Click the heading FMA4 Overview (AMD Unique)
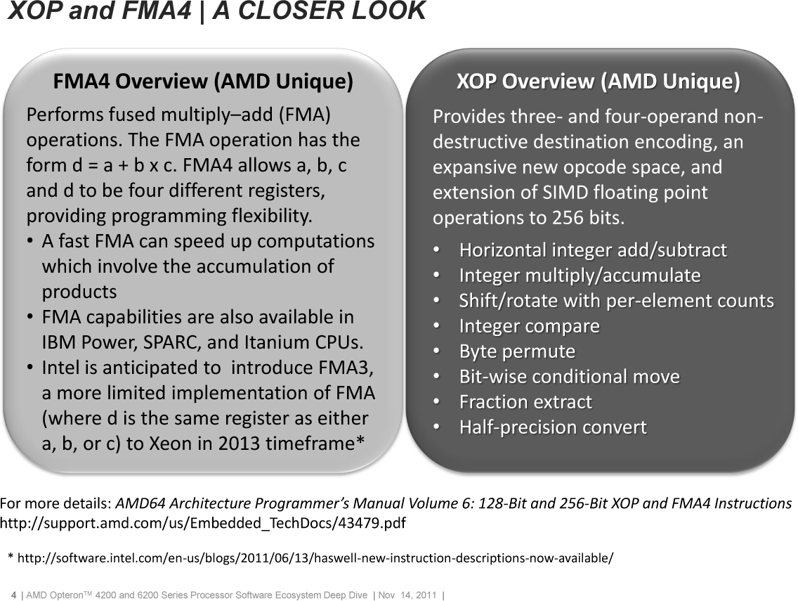(x=203, y=82)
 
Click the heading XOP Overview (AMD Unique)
(x=598, y=82)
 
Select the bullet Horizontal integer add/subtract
(x=593, y=250)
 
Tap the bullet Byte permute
(x=517, y=351)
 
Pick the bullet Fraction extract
(x=525, y=402)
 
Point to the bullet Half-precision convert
(x=553, y=427)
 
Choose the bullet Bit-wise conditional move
(x=570, y=376)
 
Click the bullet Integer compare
(x=529, y=326)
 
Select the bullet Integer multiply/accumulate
(x=580, y=276)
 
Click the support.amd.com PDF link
(x=203, y=523)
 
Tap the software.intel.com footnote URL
(x=315, y=558)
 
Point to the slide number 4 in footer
(x=14, y=595)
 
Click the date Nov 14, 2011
(x=407, y=595)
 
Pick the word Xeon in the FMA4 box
(x=171, y=444)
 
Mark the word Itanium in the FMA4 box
(x=277, y=342)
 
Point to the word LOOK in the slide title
(x=384, y=11)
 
